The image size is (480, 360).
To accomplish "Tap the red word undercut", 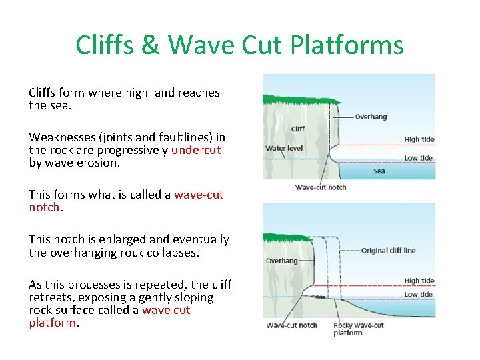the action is (x=196, y=150).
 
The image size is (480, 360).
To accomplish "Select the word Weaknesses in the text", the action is (x=62, y=137).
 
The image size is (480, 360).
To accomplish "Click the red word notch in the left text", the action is (x=44, y=207).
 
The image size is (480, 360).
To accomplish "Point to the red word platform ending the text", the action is (x=53, y=323).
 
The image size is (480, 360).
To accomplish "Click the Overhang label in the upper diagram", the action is (x=371, y=117).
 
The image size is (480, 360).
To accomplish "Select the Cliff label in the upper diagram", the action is (x=298, y=129).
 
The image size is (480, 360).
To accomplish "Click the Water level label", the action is (x=284, y=148).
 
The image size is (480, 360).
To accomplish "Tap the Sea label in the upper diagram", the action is (x=379, y=171).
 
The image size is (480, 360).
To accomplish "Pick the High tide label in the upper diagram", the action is (x=419, y=139).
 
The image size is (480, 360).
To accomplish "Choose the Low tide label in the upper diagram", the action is (x=419, y=158).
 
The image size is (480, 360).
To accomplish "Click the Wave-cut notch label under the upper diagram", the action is (x=321, y=187).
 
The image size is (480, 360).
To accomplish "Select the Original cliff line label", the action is (x=388, y=251).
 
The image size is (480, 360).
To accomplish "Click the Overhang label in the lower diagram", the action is (x=281, y=261).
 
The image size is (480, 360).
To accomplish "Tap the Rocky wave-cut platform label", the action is (x=359, y=329).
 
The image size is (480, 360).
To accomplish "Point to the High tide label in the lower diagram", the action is (x=419, y=281).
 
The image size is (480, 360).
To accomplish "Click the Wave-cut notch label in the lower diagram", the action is (x=291, y=325).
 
